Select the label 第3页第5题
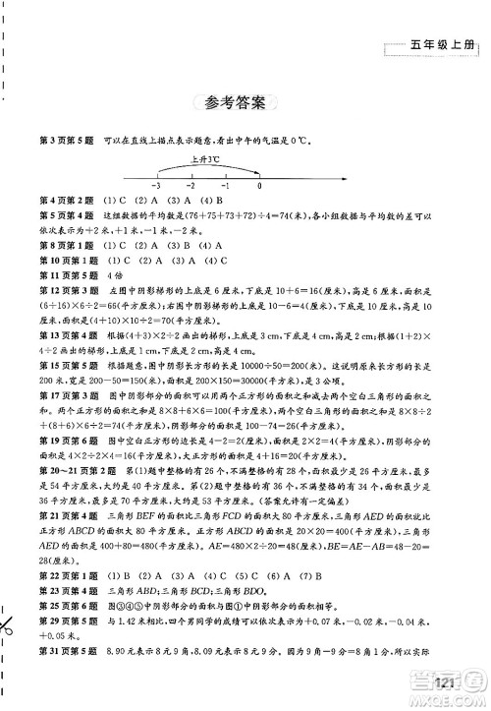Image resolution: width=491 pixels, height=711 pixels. coord(65,139)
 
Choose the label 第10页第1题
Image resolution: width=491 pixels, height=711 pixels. coord(67,260)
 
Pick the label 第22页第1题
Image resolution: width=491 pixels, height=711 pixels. coord(67,574)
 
